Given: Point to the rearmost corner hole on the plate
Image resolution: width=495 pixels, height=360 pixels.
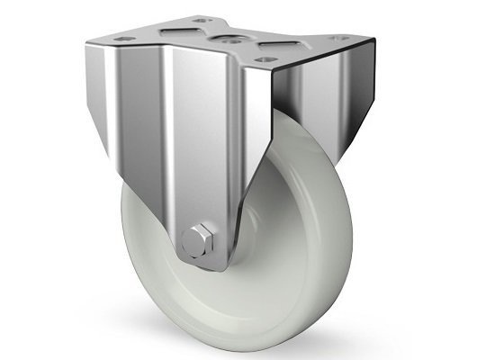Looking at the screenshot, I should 200,20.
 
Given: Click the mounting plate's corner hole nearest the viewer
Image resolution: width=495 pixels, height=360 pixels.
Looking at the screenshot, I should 262,60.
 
